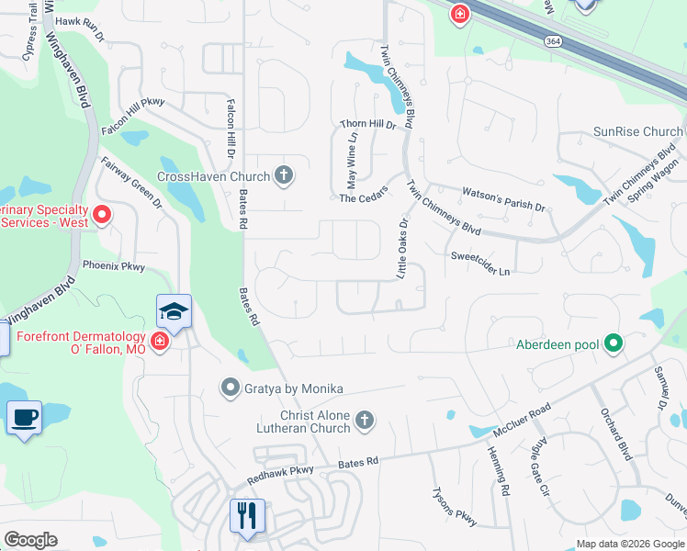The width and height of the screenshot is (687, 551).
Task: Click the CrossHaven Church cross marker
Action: (285, 175)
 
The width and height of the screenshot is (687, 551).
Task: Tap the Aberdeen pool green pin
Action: (614, 344)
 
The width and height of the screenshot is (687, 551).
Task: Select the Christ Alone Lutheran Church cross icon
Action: (365, 421)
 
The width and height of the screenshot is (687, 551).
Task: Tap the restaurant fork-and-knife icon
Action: (246, 514)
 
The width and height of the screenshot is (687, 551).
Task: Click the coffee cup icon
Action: (24, 418)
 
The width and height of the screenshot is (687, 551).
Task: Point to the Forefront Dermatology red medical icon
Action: (159, 343)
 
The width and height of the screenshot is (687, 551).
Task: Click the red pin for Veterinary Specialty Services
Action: (102, 216)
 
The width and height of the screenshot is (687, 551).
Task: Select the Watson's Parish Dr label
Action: (502, 198)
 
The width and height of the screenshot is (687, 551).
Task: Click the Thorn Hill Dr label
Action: (367, 124)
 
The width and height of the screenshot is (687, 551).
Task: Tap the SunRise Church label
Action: (637, 132)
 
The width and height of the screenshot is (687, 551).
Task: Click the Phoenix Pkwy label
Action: (114, 266)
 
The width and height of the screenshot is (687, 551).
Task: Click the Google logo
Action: (30, 540)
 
